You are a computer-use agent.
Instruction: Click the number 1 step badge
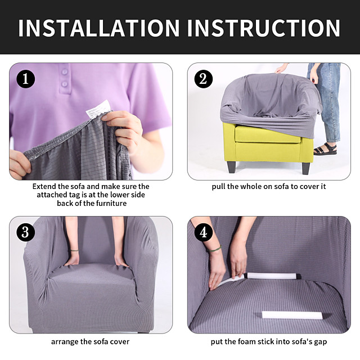(x=25, y=79)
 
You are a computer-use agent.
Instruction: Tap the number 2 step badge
(x=203, y=79)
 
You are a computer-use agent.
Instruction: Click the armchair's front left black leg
(x=232, y=167)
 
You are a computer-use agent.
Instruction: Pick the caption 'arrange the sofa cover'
(x=90, y=341)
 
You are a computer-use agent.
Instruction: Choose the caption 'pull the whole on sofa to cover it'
(x=268, y=186)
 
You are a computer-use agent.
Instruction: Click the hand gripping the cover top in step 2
(x=281, y=69)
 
